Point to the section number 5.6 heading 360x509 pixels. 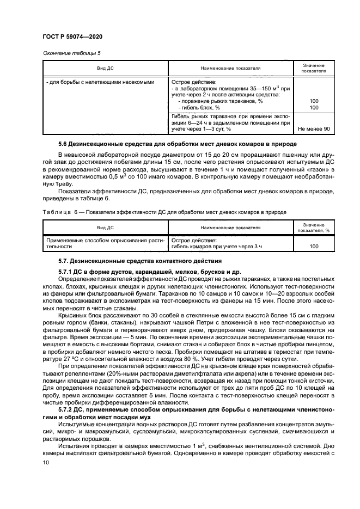(64, 144)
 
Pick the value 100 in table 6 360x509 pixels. (314, 246)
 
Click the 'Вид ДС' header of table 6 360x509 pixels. (105, 228)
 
